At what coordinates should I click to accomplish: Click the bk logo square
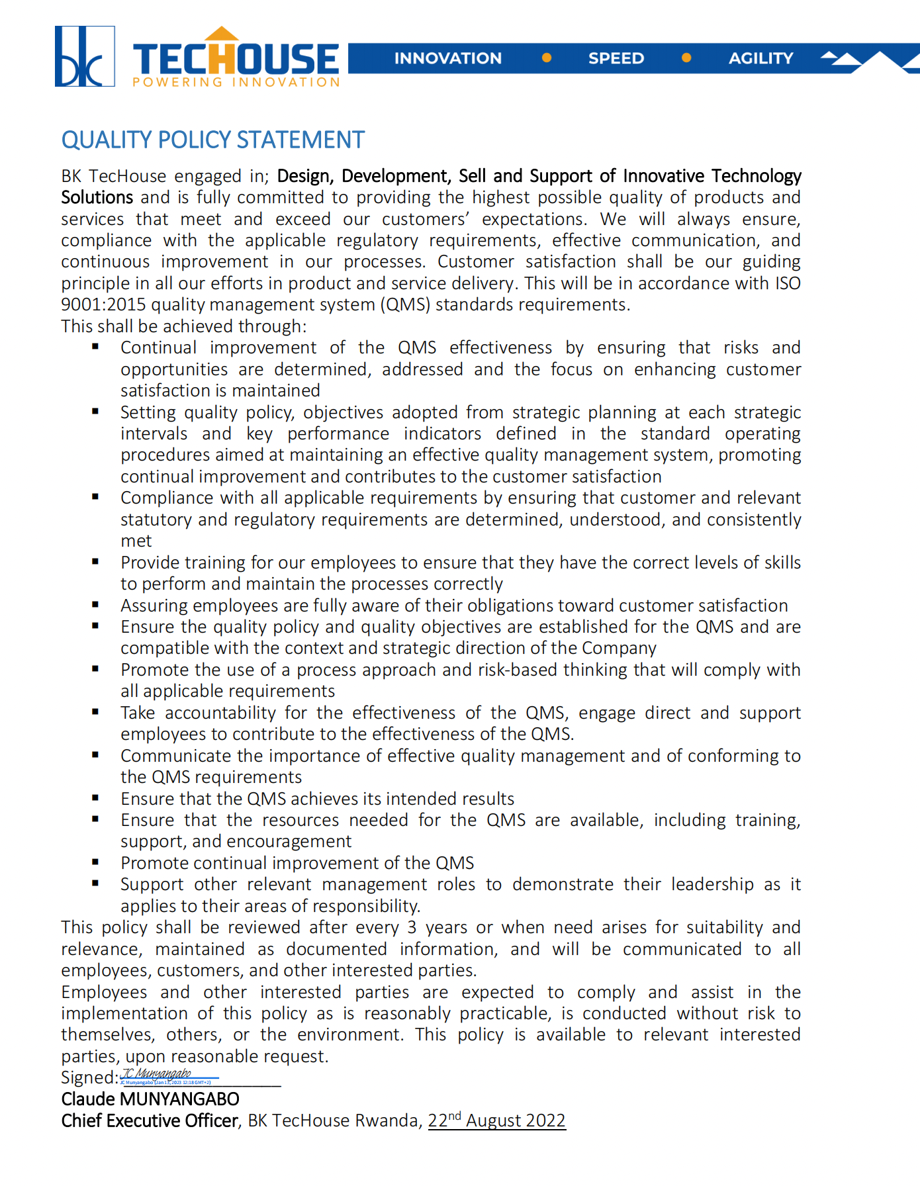84,56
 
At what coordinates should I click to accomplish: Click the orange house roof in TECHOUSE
222,34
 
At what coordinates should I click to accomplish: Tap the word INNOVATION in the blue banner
448,58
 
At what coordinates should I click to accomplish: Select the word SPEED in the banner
616,58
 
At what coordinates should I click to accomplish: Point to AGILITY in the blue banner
760,58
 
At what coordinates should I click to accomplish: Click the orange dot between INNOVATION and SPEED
547,58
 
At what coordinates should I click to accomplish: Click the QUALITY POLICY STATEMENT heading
212,140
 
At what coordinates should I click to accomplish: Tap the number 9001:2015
103,304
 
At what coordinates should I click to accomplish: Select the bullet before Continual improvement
96,347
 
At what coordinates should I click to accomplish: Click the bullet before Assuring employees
96,604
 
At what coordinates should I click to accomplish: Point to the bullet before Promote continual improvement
96,862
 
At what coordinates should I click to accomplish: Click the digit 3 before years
412,927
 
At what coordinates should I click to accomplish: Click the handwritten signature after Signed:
159,1074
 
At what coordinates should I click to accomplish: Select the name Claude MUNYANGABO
150,1099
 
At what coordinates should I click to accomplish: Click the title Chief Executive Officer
150,1120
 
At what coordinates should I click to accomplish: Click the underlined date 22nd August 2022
496,1120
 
